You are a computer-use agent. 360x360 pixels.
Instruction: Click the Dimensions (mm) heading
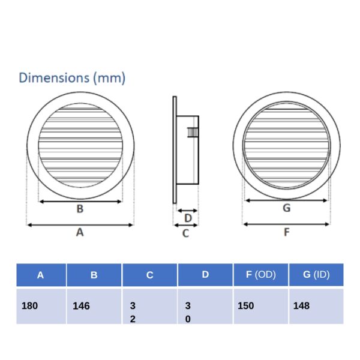click(72, 78)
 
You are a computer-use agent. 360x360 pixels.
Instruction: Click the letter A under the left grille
click(80, 233)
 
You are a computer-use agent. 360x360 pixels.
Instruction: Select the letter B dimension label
click(80, 209)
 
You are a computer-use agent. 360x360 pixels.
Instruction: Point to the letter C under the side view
click(185, 233)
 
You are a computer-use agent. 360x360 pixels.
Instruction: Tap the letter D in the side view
click(187, 217)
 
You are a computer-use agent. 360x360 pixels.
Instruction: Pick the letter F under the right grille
click(286, 232)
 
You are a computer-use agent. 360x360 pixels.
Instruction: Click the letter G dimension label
click(286, 208)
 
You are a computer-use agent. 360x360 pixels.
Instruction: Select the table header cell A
click(40, 275)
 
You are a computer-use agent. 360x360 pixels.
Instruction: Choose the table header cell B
click(94, 275)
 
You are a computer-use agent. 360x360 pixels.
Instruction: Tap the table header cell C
click(149, 275)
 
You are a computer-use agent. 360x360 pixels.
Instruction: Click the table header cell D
click(205, 275)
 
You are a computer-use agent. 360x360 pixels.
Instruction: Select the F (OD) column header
click(260, 275)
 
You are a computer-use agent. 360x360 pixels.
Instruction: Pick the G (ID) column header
click(317, 275)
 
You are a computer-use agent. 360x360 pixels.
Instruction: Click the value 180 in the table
click(29, 305)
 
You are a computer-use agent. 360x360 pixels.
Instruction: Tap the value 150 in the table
click(245, 305)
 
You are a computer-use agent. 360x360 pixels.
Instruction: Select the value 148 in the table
click(302, 305)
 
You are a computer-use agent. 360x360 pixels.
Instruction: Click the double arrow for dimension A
click(80, 225)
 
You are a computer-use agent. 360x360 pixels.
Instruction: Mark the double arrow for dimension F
click(286, 224)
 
